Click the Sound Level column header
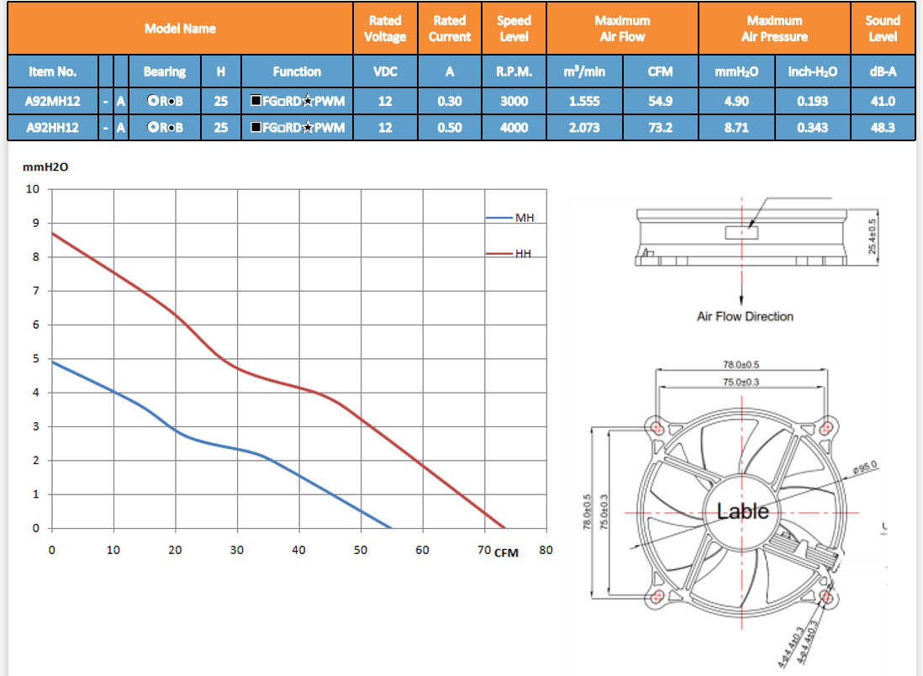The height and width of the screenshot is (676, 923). (882, 29)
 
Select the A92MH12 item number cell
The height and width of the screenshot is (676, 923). (52, 102)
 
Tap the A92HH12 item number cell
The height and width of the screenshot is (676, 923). (52, 128)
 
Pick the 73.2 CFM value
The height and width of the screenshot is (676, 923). (660, 128)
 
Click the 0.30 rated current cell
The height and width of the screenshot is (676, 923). (449, 102)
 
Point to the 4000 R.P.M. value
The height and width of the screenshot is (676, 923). (514, 128)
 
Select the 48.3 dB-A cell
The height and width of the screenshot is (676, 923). (882, 128)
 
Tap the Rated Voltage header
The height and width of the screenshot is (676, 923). (385, 29)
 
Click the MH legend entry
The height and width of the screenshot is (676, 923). (524, 219)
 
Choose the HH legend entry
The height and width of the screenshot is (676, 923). (524, 253)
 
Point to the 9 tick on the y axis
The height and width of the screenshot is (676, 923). (35, 224)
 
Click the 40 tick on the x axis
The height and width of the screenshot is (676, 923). (298, 550)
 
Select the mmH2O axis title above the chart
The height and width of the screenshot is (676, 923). (45, 167)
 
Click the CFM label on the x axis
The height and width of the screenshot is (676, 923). (506, 552)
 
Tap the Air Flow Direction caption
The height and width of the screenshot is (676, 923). (745, 317)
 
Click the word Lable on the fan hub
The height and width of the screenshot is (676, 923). (742, 511)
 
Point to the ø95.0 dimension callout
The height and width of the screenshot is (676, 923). (865, 466)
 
